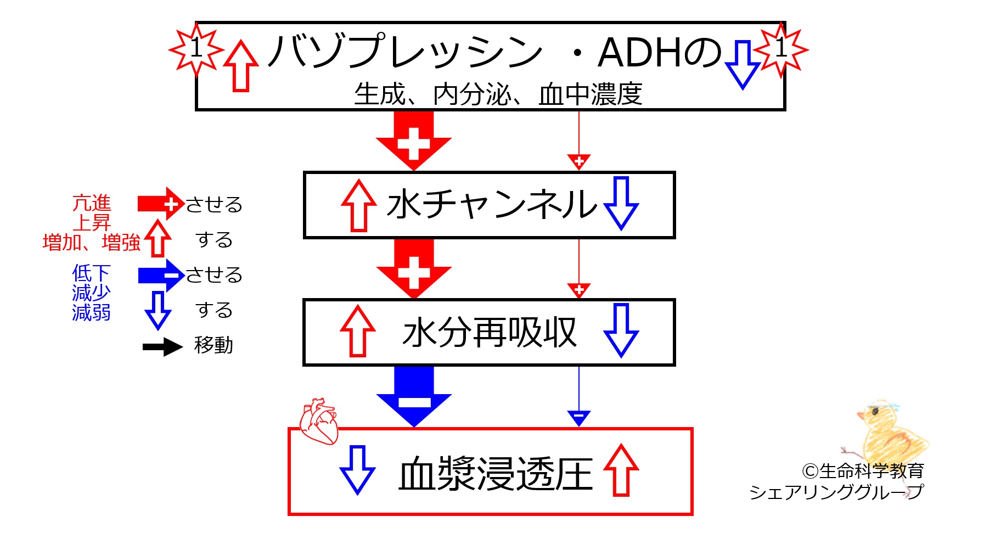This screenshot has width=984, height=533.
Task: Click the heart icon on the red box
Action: (x=318, y=421)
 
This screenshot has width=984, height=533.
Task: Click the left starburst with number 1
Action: (x=196, y=49)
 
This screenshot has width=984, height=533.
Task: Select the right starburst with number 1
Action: (x=781, y=49)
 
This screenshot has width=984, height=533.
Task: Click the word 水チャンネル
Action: (x=491, y=204)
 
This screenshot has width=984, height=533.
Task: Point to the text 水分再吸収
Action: (x=489, y=332)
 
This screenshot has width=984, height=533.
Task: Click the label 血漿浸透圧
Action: (x=496, y=474)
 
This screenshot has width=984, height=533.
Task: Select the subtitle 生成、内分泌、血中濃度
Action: (x=498, y=94)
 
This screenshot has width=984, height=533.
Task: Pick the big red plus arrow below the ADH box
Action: (x=414, y=141)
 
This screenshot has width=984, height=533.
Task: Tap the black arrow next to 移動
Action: (x=162, y=346)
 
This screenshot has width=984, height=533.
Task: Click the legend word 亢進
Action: (x=92, y=203)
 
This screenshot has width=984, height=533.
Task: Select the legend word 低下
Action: (x=92, y=273)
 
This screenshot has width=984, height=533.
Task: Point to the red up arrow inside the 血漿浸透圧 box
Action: (x=621, y=470)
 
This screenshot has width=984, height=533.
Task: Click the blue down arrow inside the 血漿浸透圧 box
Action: (x=357, y=470)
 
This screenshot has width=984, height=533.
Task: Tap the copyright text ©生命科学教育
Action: (x=863, y=470)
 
